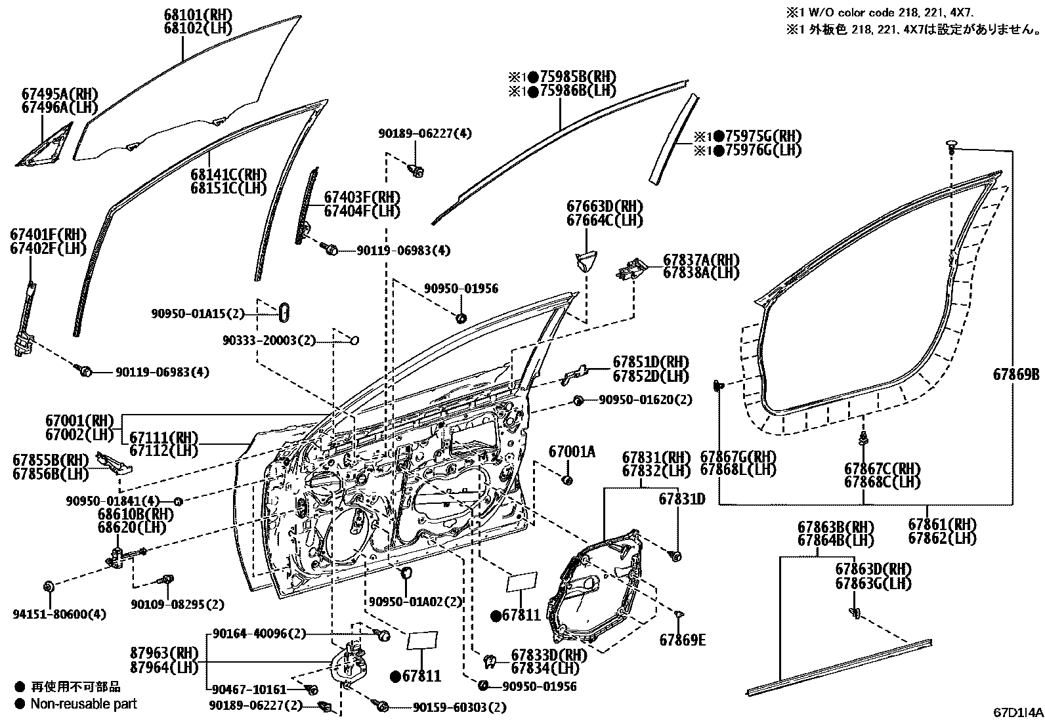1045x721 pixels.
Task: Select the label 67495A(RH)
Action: (x=59, y=94)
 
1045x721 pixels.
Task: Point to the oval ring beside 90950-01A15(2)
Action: (x=284, y=312)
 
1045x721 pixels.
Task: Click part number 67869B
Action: (x=1015, y=375)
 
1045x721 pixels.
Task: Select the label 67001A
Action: (x=572, y=451)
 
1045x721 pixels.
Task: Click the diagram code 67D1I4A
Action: (x=1017, y=712)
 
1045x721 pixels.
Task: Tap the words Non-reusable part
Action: (x=84, y=704)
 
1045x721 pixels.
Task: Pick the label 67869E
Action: (x=683, y=640)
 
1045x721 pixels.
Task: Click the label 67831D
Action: (x=681, y=499)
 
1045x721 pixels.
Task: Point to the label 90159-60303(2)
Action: (x=460, y=708)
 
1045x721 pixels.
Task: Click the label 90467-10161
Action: (x=249, y=690)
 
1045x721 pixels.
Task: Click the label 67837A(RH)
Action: (x=701, y=260)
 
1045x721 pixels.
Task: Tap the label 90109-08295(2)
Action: (x=177, y=604)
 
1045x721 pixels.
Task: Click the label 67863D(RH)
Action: (x=873, y=569)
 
